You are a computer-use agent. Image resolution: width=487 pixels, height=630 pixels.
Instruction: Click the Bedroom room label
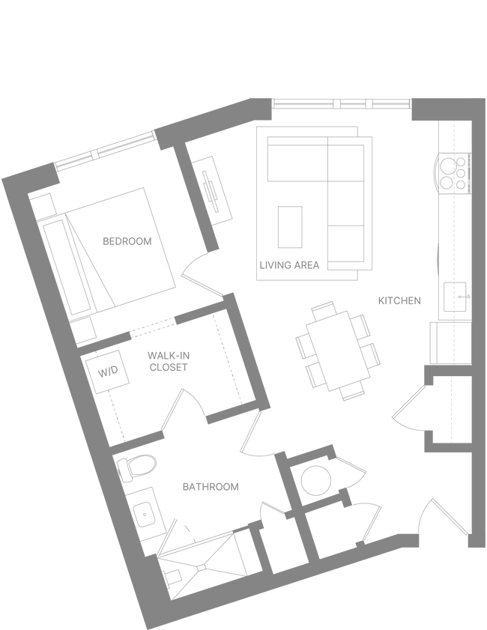(127, 241)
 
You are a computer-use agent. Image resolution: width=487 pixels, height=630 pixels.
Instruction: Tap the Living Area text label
(290, 264)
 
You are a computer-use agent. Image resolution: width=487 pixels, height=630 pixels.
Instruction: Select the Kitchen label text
(399, 300)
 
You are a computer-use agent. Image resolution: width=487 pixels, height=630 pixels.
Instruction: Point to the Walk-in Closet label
(169, 361)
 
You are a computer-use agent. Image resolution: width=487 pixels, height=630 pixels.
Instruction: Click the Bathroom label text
(211, 487)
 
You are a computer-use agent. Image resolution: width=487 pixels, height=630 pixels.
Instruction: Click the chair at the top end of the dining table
(324, 308)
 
